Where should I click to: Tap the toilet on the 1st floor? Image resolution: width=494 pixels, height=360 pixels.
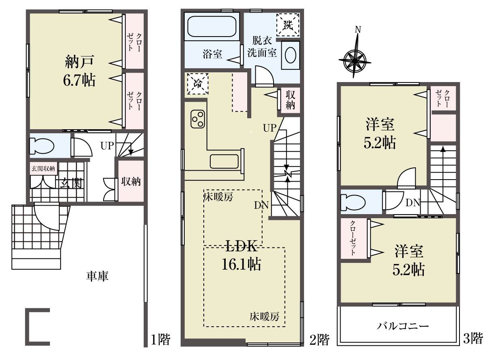coord(42,145)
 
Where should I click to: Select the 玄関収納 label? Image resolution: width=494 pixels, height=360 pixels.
coord(43,169)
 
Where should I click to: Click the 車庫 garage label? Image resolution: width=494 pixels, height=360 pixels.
coord(97,276)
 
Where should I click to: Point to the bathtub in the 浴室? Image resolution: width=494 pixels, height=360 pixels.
coord(212,26)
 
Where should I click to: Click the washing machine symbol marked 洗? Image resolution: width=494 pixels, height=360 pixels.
coord(288,24)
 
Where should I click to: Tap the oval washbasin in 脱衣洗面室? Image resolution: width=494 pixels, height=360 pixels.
coord(291,55)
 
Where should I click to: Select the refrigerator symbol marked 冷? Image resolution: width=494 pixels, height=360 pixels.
coord(198,83)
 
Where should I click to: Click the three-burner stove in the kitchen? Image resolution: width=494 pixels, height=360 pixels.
coord(198,119)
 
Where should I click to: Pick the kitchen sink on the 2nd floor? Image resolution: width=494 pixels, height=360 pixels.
coord(224,161)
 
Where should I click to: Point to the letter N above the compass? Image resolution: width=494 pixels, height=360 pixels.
coord(358,30)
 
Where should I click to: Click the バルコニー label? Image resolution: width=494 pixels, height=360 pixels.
coord(403,326)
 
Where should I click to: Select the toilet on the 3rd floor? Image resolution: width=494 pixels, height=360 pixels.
coord(353,202)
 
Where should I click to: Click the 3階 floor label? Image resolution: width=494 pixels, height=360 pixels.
coord(473,338)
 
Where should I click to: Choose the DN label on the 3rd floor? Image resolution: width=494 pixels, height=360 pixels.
coord(412,203)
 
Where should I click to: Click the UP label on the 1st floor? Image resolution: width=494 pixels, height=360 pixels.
coord(107,146)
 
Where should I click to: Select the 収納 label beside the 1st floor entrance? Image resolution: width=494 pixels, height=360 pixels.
coord(131,182)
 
